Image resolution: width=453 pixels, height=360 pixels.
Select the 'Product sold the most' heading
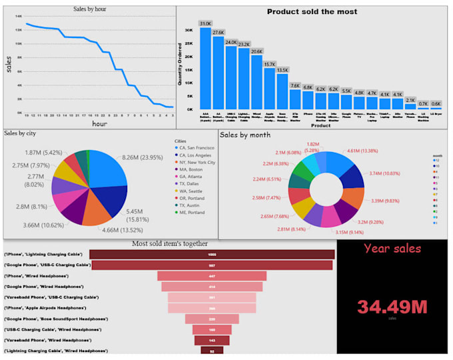point(312,11)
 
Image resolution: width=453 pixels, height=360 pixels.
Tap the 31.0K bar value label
point(205,23)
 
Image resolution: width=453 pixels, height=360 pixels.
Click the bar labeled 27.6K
point(218,73)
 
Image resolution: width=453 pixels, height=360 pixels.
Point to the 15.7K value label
point(269,64)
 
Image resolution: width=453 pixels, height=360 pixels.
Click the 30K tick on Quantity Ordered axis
point(189,30)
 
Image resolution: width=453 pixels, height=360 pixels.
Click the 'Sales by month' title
point(245,135)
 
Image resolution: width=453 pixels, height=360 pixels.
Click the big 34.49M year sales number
point(392,307)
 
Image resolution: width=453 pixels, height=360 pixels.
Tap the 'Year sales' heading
point(392,249)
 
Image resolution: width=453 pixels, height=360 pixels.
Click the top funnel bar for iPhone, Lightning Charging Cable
point(211,254)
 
